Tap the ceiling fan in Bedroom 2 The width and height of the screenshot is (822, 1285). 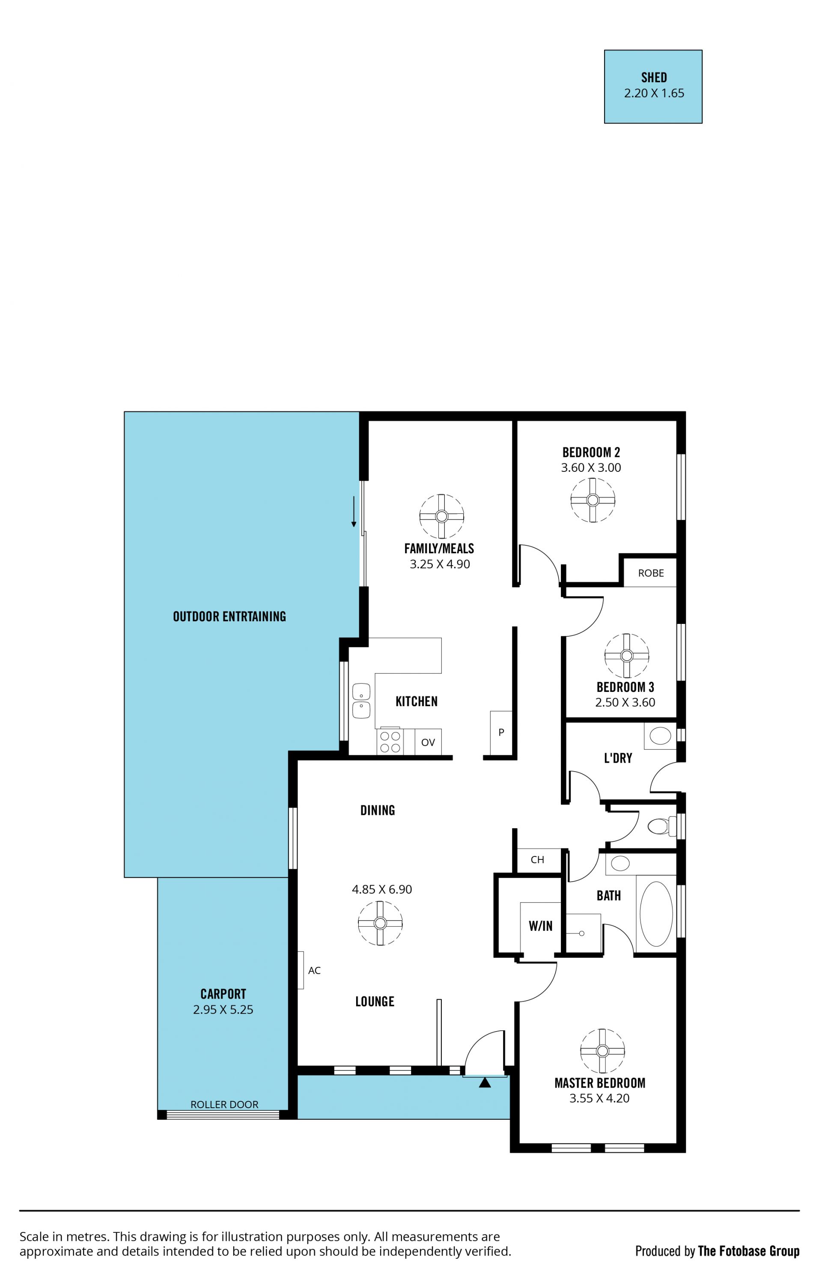593,500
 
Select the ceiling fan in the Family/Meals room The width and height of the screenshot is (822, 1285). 441,516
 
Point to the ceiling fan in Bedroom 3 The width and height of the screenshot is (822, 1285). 627,656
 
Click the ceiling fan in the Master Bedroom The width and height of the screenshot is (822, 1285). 603,1051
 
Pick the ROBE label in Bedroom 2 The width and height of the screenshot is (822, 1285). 651,573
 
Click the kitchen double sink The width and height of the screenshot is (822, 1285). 361,701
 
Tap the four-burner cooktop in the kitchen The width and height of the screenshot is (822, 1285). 390,742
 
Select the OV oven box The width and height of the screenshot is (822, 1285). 428,742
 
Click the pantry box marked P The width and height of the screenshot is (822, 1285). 501,733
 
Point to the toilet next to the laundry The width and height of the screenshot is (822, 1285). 661,827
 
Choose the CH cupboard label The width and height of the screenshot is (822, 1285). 537,860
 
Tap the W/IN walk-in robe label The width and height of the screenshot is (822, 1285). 541,926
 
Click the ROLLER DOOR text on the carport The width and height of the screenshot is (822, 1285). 224,1105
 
